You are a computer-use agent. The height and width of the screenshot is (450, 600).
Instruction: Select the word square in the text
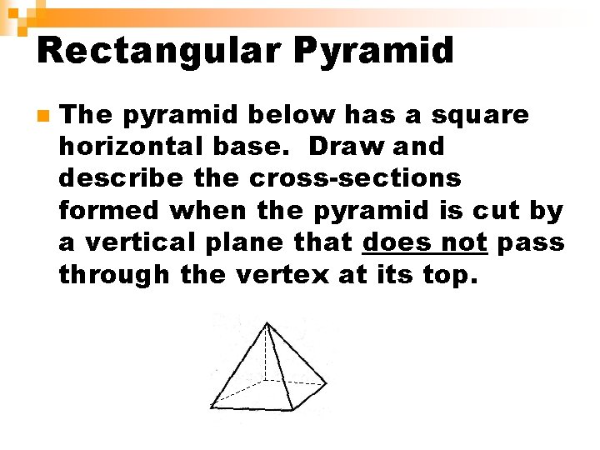click(x=485, y=114)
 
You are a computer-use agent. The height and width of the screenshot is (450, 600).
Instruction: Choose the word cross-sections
click(x=356, y=178)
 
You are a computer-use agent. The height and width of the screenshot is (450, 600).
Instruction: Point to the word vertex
click(x=286, y=276)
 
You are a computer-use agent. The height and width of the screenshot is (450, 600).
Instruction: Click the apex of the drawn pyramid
click(x=266, y=323)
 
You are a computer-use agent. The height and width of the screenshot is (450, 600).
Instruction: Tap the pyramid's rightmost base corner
click(x=325, y=384)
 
